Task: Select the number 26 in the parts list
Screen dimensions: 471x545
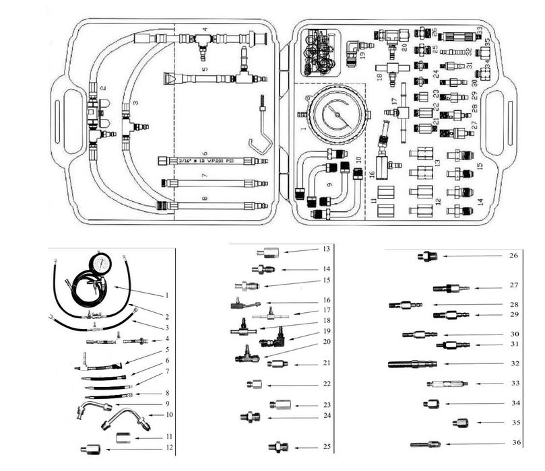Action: (514, 256)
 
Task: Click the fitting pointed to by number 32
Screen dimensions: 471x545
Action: (412, 364)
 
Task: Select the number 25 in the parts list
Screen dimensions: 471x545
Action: (326, 447)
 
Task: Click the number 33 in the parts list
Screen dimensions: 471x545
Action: (515, 383)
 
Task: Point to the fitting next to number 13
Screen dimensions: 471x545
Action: (267, 252)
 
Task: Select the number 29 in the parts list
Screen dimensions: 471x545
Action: (515, 314)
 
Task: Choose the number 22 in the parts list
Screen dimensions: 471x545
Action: (327, 384)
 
